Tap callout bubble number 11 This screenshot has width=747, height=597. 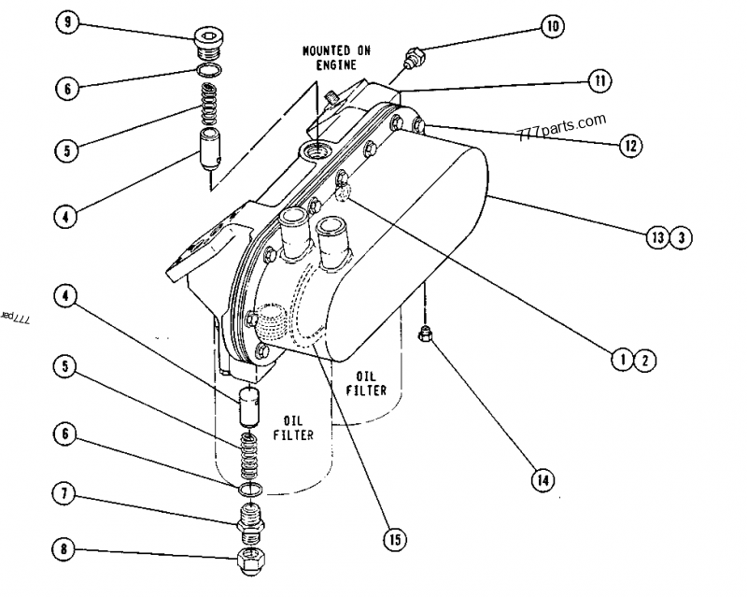tap(599, 81)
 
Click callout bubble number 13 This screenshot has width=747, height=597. tap(659, 237)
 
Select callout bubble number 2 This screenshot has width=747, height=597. tap(645, 356)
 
